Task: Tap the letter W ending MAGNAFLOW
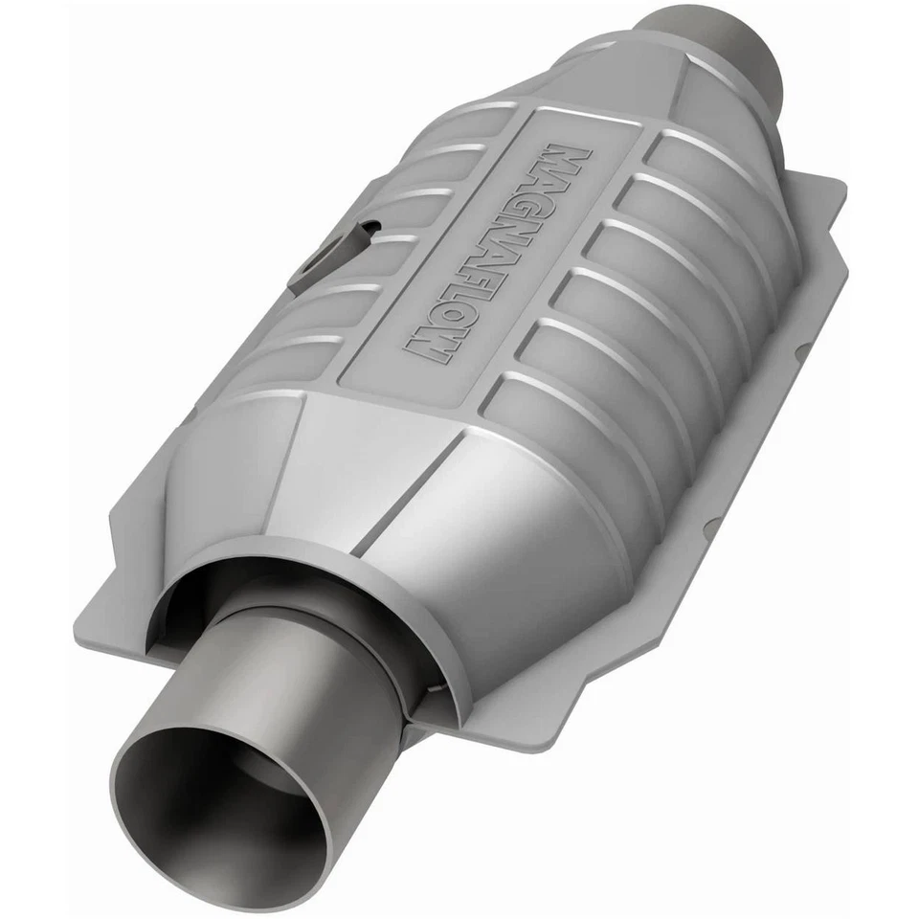427,344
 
